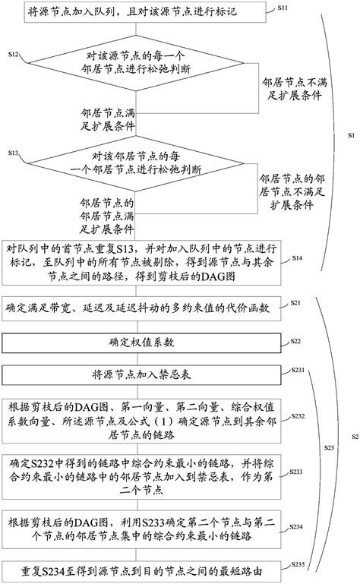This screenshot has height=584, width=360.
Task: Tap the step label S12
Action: [14, 55]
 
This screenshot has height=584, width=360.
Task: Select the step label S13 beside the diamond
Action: [14, 153]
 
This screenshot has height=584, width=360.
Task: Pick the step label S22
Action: [296, 343]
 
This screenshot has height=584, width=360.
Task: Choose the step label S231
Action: [298, 369]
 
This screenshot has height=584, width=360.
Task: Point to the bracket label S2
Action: [353, 437]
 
